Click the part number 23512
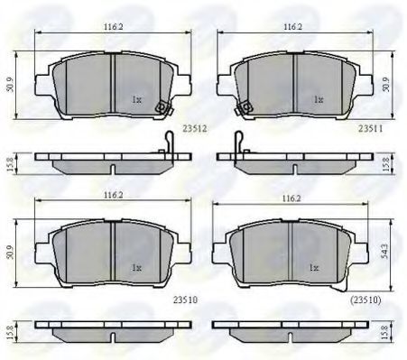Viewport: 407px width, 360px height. click(x=195, y=129)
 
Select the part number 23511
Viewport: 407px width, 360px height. click(x=371, y=129)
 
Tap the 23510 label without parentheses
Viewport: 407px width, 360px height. click(x=185, y=300)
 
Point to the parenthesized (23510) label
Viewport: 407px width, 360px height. click(x=365, y=300)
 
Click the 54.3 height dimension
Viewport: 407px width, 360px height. click(x=385, y=251)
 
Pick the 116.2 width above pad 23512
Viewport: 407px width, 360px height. click(x=114, y=26)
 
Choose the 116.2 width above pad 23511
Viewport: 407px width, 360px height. click(x=293, y=26)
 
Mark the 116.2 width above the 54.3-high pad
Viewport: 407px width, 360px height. click(x=291, y=198)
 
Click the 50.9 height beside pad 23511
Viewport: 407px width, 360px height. click(x=386, y=85)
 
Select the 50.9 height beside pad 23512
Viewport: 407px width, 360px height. click(x=10, y=85)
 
